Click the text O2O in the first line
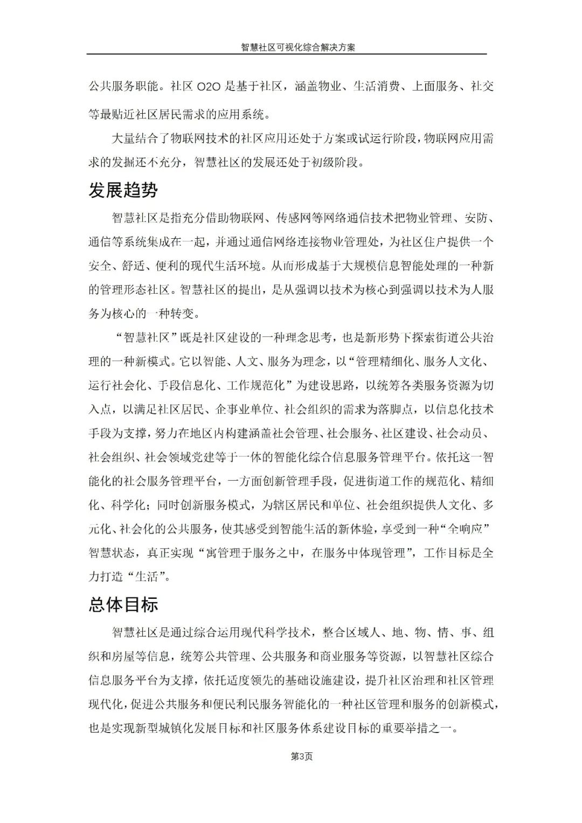[x=205, y=86]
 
